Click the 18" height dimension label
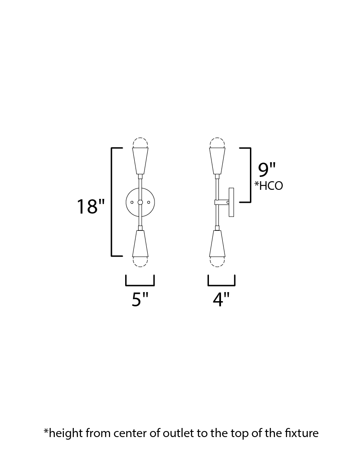(x=91, y=206)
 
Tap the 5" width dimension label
(x=140, y=299)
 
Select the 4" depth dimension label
(x=221, y=299)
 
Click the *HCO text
(x=269, y=186)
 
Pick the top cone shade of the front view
(x=140, y=160)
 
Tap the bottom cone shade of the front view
(x=140, y=243)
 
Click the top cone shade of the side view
(x=217, y=160)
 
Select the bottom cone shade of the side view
(x=217, y=243)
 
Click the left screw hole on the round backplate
(x=132, y=202)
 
